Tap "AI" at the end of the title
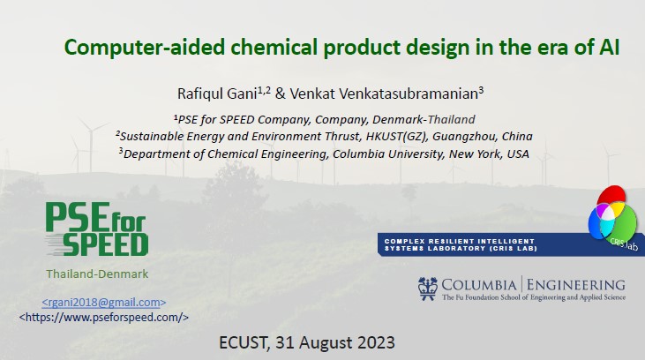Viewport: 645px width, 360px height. tap(609, 47)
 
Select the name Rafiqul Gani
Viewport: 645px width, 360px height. tap(217, 94)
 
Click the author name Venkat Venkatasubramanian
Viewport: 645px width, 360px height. tap(384, 94)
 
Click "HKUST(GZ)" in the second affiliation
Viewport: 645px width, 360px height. tap(396, 136)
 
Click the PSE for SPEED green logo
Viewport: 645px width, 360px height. tap(97, 229)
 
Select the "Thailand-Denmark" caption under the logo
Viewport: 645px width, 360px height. tap(97, 274)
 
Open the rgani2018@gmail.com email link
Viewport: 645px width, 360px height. tap(104, 303)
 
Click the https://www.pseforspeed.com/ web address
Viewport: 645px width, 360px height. tap(104, 318)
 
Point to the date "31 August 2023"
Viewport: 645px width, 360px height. tap(334, 342)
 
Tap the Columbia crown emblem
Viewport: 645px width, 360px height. tap(427, 289)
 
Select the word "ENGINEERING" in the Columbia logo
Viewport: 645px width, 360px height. tap(576, 285)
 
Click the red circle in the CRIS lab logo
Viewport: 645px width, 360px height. tap(611, 196)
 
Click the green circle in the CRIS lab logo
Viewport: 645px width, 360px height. tap(624, 221)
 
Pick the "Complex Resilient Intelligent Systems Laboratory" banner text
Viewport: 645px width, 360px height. tap(461, 244)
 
